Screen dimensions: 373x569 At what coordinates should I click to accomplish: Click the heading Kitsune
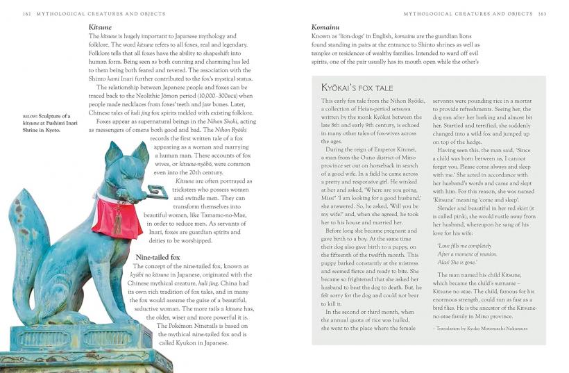coord(100,27)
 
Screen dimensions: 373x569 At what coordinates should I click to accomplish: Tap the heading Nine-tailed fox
coord(157,258)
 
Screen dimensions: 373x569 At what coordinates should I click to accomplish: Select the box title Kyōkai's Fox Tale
coord(357,88)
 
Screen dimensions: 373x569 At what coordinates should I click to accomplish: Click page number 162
coord(27,13)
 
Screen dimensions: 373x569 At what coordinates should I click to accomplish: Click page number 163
coord(542,13)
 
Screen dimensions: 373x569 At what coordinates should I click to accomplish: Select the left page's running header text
coord(93,13)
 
